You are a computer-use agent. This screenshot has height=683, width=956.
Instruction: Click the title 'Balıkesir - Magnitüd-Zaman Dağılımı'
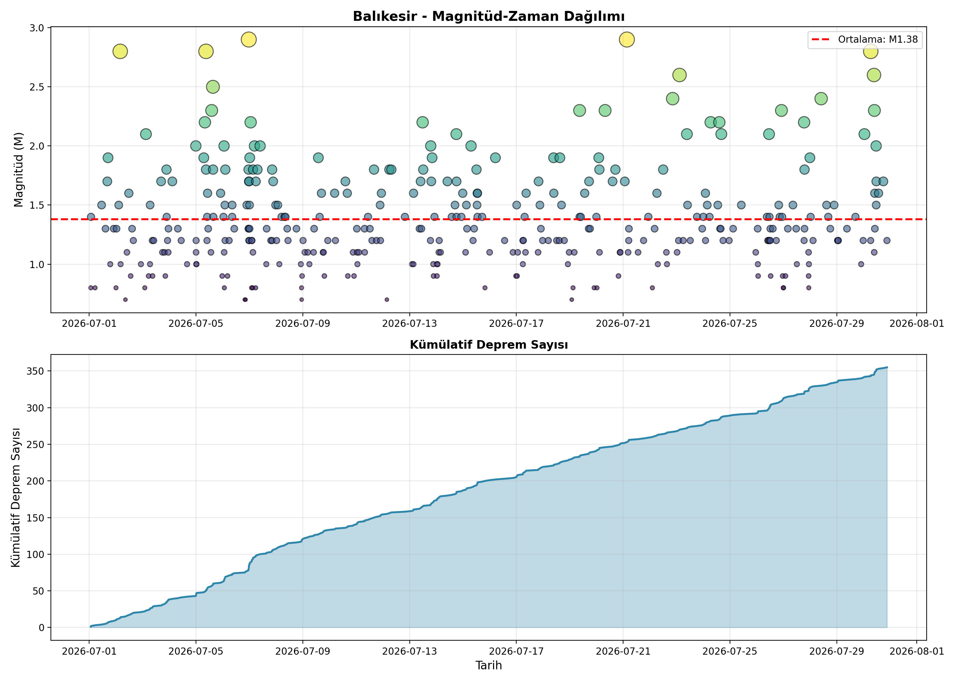click(489, 16)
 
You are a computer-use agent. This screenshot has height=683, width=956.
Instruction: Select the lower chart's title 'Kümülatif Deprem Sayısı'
click(489, 345)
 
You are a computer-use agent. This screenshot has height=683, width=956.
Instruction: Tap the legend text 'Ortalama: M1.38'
click(878, 40)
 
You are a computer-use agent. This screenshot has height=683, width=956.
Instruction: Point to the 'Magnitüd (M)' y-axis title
click(18, 169)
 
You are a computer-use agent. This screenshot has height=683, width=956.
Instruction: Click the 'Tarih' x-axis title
click(489, 665)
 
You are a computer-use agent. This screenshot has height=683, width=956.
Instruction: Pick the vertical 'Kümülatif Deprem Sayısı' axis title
click(16, 498)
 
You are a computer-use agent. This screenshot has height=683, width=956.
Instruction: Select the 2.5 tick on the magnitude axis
click(37, 87)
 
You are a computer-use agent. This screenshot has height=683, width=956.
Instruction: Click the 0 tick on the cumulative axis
click(41, 627)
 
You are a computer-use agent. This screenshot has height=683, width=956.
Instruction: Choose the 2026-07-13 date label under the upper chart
click(409, 323)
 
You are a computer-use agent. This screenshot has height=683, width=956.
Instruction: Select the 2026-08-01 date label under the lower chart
click(917, 652)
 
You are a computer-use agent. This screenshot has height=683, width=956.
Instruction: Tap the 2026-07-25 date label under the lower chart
click(730, 652)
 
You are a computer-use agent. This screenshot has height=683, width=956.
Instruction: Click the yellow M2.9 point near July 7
click(249, 40)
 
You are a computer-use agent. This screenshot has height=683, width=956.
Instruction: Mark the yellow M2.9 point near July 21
click(627, 40)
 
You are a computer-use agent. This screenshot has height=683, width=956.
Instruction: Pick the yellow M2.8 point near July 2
click(120, 51)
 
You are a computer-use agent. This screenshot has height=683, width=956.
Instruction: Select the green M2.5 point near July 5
click(213, 87)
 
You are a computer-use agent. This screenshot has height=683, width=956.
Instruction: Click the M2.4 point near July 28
click(821, 99)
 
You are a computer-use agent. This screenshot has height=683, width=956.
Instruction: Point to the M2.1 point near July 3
click(146, 134)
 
